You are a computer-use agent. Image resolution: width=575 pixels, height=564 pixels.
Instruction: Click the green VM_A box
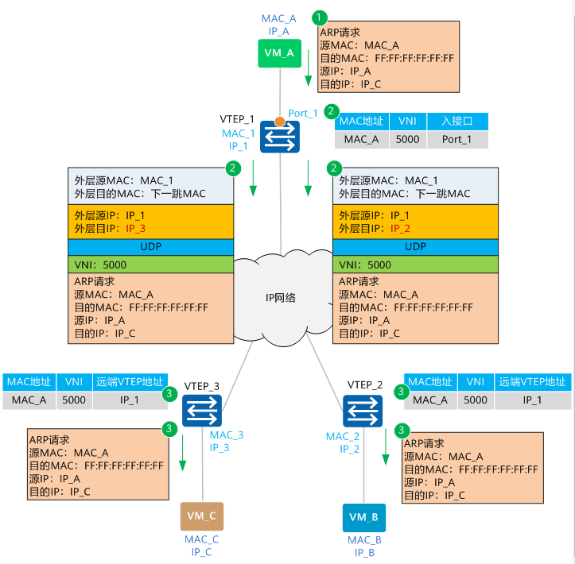(x=279, y=53)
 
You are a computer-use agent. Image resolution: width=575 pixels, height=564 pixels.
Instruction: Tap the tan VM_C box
(x=202, y=516)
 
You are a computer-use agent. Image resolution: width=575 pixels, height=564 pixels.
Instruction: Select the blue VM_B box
(x=363, y=517)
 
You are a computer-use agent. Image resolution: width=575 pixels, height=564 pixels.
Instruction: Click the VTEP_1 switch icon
(x=280, y=137)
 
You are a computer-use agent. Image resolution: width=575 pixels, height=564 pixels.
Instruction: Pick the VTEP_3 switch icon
(x=202, y=411)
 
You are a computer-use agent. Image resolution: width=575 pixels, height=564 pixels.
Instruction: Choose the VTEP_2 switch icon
(x=363, y=411)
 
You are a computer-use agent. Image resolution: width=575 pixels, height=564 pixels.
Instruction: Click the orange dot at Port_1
(x=280, y=122)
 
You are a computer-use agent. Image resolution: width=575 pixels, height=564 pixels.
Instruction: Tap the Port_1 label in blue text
(x=302, y=113)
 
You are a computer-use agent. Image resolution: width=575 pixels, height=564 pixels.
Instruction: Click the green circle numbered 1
(x=319, y=17)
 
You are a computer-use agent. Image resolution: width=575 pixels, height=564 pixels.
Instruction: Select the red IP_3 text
(x=136, y=229)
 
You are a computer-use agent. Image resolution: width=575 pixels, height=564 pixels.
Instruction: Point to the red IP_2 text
(x=400, y=229)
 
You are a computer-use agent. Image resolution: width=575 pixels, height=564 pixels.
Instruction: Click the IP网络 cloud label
(x=280, y=298)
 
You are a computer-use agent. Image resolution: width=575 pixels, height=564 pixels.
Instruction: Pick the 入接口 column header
(x=457, y=122)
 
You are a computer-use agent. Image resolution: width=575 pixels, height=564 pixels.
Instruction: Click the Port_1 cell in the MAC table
(x=457, y=140)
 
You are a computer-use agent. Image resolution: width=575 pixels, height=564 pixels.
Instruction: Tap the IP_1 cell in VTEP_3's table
(x=130, y=400)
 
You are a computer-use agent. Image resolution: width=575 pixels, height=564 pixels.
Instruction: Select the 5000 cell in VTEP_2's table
(x=476, y=400)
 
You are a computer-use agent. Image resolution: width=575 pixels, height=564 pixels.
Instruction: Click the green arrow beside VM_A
(x=309, y=68)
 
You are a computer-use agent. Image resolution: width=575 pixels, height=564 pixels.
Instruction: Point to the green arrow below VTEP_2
(x=386, y=446)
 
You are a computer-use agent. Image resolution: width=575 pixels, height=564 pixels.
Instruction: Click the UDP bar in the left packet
(x=151, y=247)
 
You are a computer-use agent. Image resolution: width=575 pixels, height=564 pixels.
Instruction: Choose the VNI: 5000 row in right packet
(x=415, y=265)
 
